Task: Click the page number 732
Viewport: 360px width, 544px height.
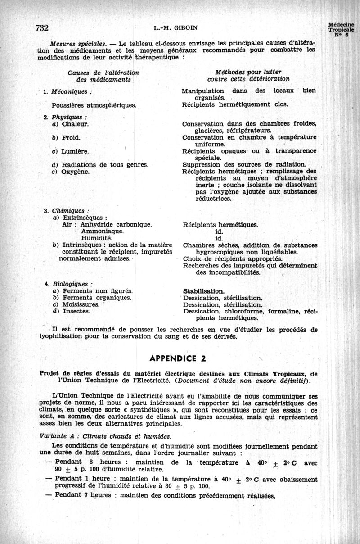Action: point(41,27)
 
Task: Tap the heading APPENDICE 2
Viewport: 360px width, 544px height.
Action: point(180,359)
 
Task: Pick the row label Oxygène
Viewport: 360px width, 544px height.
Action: point(76,172)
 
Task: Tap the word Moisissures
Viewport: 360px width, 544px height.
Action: point(81,304)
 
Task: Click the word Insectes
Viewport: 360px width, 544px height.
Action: point(76,311)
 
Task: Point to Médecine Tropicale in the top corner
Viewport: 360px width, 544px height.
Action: point(341,28)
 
